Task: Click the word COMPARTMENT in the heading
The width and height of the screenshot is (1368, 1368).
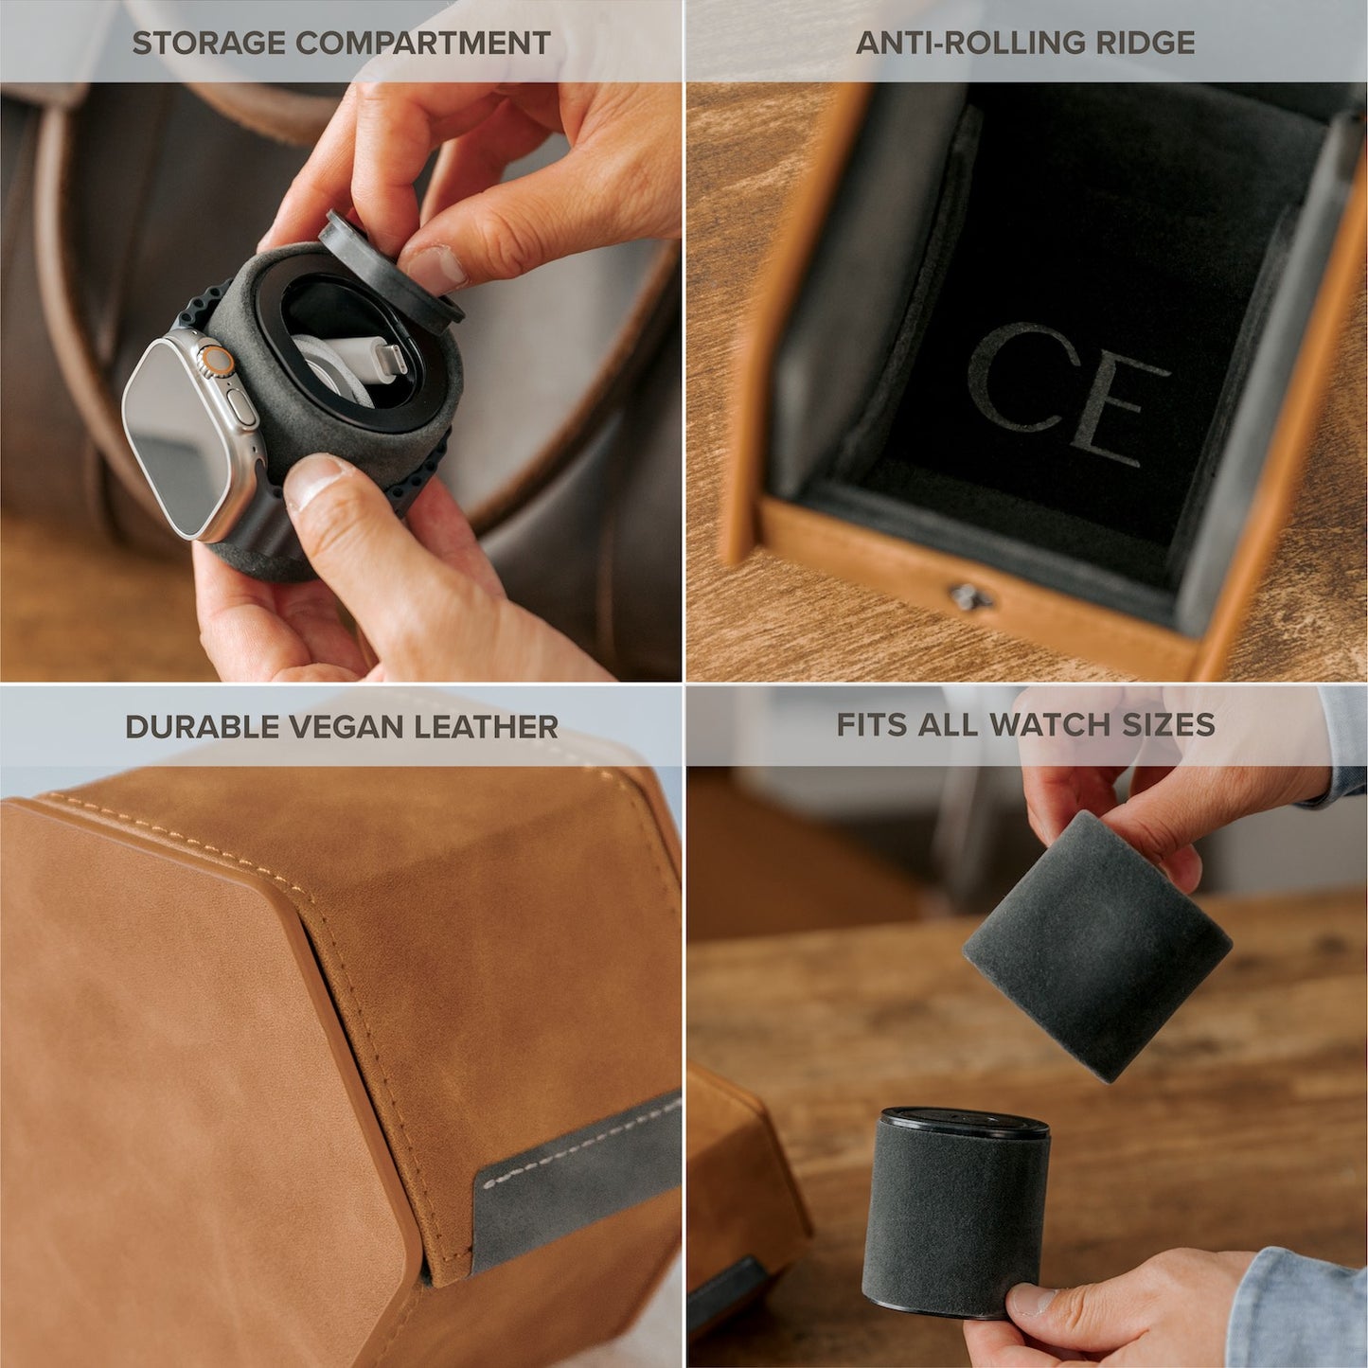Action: [x=422, y=43]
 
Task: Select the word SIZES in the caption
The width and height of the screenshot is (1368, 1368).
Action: [x=1168, y=725]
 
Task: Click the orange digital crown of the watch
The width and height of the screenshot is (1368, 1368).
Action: [x=220, y=360]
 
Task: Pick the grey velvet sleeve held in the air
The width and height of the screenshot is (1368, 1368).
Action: [x=1096, y=947]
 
